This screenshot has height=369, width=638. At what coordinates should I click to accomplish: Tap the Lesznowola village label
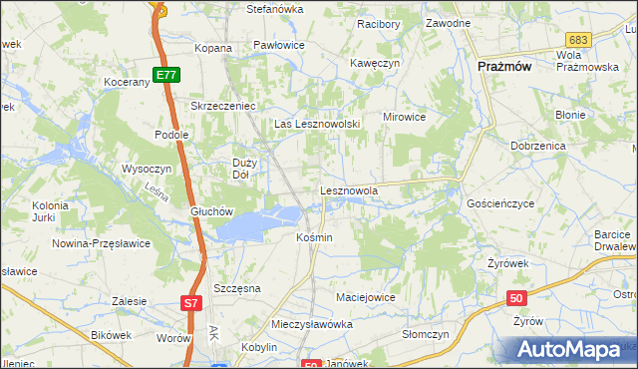point(348,188)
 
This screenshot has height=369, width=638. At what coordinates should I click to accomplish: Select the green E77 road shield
point(166,74)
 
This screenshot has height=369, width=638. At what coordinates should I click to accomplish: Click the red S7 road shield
point(192,301)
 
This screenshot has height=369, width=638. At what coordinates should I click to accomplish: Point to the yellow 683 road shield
point(582,38)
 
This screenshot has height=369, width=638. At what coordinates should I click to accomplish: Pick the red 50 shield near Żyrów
point(516,297)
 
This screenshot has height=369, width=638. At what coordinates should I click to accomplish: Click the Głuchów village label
point(210,211)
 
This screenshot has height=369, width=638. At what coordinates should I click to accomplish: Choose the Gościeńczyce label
point(500,202)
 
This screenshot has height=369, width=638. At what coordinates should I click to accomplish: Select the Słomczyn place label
point(426,334)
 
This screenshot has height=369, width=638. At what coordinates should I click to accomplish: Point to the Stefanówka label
point(274,9)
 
